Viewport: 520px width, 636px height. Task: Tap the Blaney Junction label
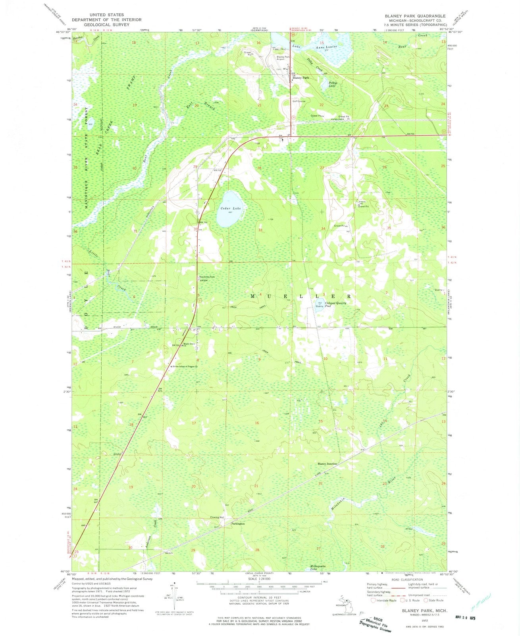[x=327, y=463]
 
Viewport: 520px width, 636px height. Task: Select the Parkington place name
[x=238, y=524]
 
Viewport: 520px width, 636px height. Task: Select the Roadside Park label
[x=206, y=277]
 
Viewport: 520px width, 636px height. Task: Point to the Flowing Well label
[x=217, y=517]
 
